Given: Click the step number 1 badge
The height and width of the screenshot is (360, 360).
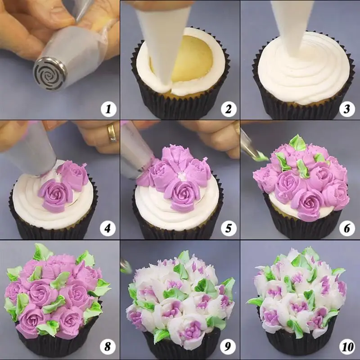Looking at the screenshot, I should [108, 108].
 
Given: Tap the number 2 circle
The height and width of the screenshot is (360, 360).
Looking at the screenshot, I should [228, 108].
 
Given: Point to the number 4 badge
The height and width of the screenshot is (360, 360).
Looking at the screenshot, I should [108, 228].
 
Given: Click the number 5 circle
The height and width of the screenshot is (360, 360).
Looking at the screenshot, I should [228, 228].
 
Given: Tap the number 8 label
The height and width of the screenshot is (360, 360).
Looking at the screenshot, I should [108, 348].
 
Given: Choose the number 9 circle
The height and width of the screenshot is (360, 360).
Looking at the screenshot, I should [228, 348].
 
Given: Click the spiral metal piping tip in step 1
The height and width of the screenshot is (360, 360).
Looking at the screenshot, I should [49, 72].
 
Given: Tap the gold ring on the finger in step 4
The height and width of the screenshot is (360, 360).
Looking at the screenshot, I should [111, 132].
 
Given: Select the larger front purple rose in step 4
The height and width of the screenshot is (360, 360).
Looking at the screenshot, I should [55, 194].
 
